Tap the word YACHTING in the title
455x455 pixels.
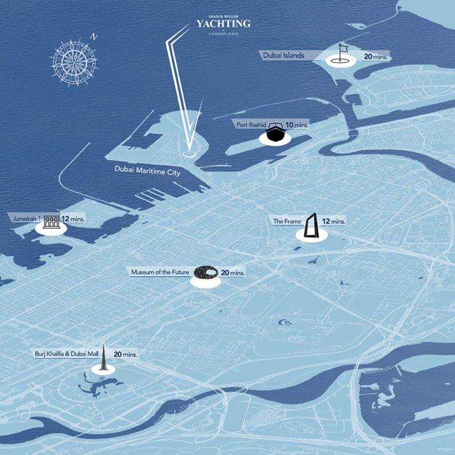tap(223, 24)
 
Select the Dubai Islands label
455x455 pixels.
tap(284, 56)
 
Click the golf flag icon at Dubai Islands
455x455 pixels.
tap(341, 53)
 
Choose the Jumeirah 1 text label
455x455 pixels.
tap(27, 220)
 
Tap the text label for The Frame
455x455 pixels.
tap(287, 222)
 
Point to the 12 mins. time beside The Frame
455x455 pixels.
tap(334, 222)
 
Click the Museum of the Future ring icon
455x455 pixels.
tap(206, 273)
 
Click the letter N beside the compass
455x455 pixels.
tap(94, 37)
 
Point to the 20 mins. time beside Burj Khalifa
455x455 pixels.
tap(125, 355)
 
